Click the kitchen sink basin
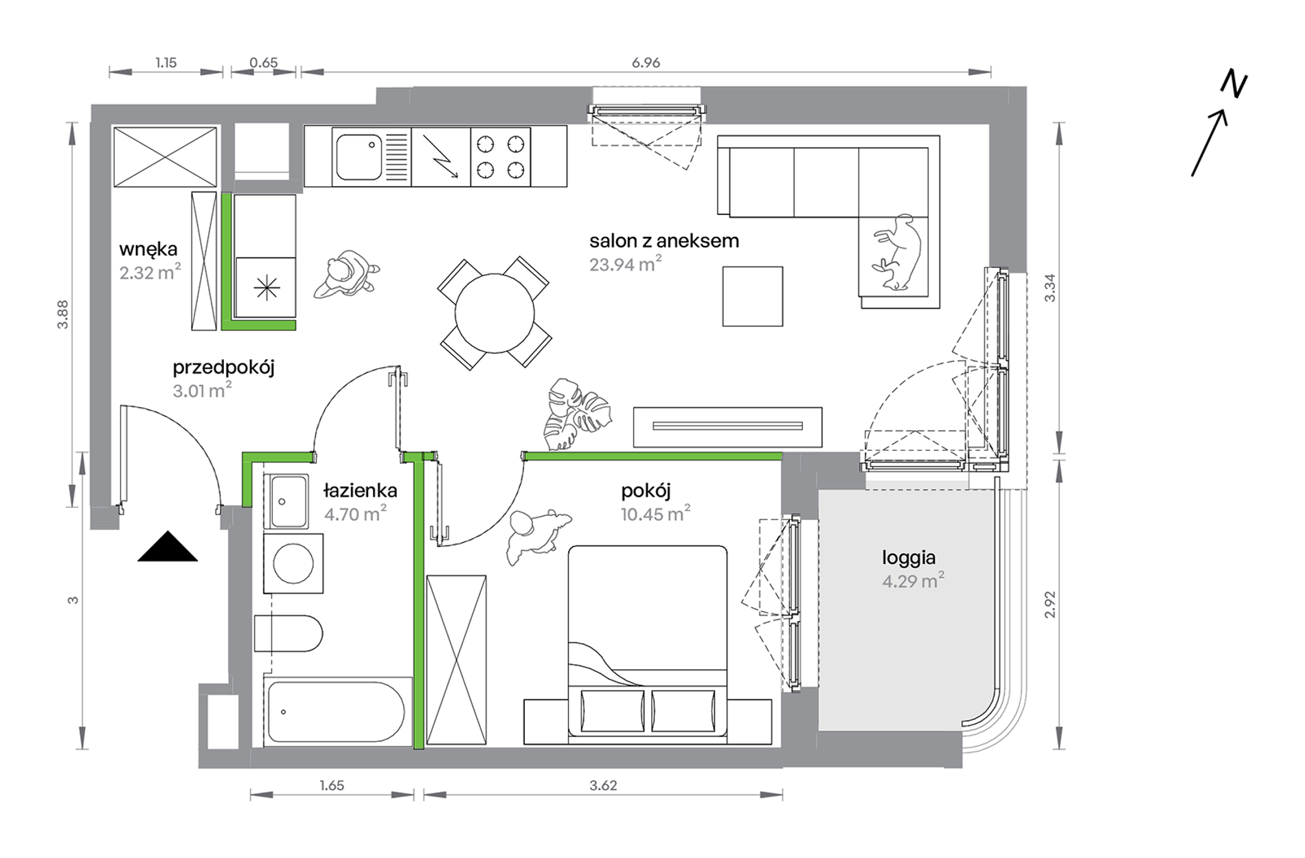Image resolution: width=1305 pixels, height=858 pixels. coord(358,157)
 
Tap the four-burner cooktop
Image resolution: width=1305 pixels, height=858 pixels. coord(501,156)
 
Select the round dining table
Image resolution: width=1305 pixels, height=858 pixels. coord(495,313)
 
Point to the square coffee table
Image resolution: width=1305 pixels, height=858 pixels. coord(752,296)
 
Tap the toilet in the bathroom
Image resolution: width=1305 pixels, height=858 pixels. coord(288,633)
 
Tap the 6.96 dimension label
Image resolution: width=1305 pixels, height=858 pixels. coord(646,63)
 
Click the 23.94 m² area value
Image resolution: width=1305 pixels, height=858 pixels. coord(625,264)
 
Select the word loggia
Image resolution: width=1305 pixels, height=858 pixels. coord(909,558)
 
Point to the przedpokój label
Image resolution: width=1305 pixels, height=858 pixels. coord(224,368)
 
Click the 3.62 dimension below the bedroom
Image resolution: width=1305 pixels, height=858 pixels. coord(603,785)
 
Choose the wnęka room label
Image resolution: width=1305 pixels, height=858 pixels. coord(148,249)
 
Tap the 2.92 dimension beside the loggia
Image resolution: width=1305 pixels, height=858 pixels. coord(1049,605)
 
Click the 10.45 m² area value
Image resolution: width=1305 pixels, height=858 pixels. coord(655,513)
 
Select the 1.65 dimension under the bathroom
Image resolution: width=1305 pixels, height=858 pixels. coord(332,785)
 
